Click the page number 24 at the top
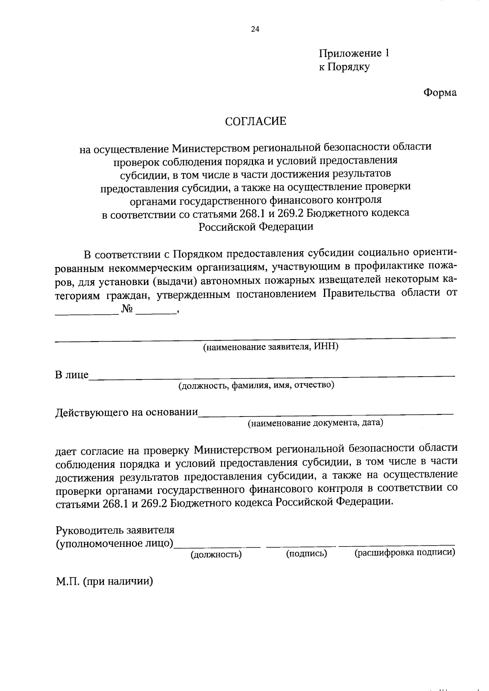[x=256, y=29]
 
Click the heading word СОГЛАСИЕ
[x=256, y=121]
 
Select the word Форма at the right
[x=440, y=93]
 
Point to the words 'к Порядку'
[x=344, y=67]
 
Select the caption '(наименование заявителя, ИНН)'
[x=271, y=347]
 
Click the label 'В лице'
[x=72, y=375]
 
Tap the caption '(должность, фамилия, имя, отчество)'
[x=256, y=385]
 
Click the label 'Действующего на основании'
[x=127, y=412]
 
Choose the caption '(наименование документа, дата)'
[x=316, y=423]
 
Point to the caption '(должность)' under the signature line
[x=216, y=554]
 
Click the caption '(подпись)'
[x=306, y=553]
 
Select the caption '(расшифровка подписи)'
[x=405, y=553]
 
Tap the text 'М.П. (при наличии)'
[x=104, y=581]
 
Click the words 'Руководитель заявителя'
[x=115, y=530]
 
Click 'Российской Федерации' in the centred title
[x=256, y=227]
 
